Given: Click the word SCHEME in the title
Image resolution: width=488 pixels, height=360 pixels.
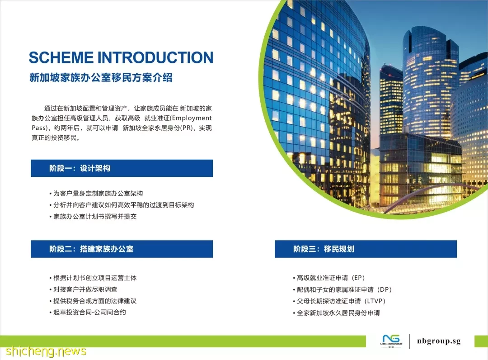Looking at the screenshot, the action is tap(61, 57).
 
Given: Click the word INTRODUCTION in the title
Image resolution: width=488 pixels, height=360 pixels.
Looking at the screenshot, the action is tap(155, 57).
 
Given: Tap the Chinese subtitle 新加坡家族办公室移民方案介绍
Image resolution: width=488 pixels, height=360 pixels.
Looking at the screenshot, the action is tap(101, 77).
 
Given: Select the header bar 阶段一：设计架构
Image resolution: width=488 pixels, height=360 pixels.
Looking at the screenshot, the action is tap(122, 168).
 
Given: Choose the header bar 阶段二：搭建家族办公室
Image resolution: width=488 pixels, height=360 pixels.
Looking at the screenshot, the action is tap(122, 249).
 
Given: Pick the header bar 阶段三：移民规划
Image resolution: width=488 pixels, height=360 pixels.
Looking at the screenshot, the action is tap(366, 249).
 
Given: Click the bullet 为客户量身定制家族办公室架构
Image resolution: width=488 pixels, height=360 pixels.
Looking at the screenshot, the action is tap(96, 194).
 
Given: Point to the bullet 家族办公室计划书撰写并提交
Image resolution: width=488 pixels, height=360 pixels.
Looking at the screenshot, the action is tap(93, 217).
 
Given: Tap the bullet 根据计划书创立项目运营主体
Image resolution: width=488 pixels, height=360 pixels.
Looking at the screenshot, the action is tap(93, 278).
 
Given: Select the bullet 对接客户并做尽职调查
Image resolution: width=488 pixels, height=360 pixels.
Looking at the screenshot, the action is tap(84, 289).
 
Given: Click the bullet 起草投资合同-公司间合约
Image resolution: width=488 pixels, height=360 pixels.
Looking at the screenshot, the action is tap(88, 313).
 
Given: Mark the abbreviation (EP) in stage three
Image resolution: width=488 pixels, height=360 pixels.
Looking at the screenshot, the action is tap(358, 278).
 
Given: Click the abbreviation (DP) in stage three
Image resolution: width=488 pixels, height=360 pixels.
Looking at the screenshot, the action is tap(385, 289).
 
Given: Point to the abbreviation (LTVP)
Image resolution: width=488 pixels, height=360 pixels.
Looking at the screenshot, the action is tap(375, 301).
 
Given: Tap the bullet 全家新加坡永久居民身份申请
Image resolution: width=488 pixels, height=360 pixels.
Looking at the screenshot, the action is tap(337, 313).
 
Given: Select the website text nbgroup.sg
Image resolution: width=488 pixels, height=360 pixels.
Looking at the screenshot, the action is tap(439, 341).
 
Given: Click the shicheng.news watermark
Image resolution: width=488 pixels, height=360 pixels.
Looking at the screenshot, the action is tap(46, 351).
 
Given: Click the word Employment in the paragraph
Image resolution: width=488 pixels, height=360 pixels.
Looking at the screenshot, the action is tap(192, 118).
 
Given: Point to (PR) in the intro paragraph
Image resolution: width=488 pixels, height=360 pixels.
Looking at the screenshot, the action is tap(188, 128).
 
